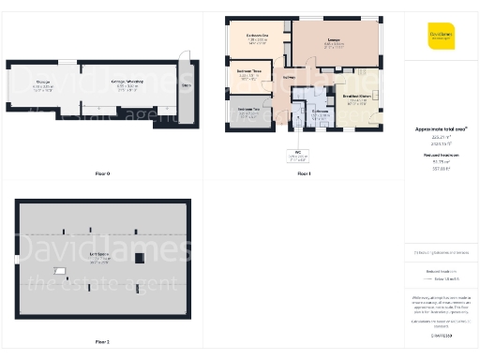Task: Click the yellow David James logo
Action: click(x=441, y=35)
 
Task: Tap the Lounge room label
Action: click(x=334, y=40)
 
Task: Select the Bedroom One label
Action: click(x=258, y=37)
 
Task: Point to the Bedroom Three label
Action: click(x=248, y=72)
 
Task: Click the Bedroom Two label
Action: click(x=248, y=112)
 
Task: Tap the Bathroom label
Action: click(x=320, y=112)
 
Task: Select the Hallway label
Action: click(x=289, y=77)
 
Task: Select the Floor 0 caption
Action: click(x=102, y=173)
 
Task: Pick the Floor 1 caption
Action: click(x=304, y=173)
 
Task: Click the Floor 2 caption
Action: click(x=102, y=342)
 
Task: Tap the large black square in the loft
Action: click(x=137, y=232)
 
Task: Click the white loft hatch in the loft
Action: click(x=60, y=272)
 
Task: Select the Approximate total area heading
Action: click(x=441, y=127)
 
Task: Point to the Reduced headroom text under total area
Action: click(x=441, y=155)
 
